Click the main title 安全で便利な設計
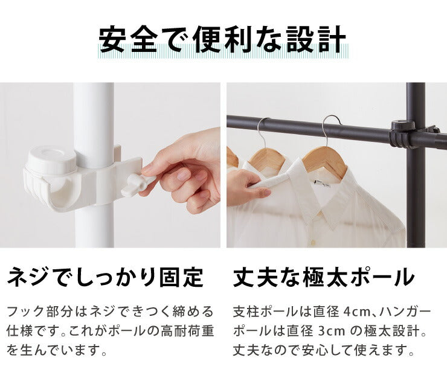coord(223,40)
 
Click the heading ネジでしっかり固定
coord(105,277)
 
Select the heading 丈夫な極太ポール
coord(324,277)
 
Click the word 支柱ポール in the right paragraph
coord(263,312)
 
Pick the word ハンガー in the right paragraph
coord(410,312)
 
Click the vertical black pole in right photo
coord(415,199)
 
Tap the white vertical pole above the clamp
coord(94,115)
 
